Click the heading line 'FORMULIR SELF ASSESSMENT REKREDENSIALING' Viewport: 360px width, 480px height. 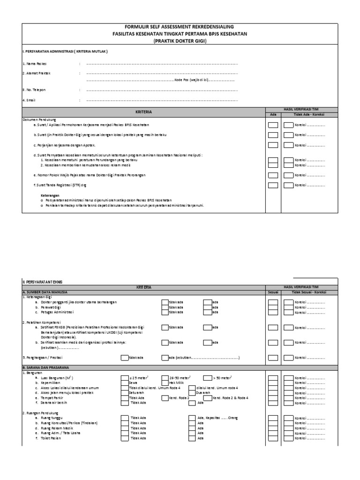coord(180,27)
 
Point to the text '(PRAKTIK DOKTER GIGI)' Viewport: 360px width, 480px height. coord(180,41)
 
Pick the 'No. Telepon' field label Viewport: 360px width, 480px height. coord(35,90)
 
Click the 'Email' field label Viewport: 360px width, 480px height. coord(30,100)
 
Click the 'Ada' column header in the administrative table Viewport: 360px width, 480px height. coord(273,114)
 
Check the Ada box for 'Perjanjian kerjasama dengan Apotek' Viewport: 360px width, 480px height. coord(273,145)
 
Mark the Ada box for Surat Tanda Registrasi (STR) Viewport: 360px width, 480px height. coord(273,185)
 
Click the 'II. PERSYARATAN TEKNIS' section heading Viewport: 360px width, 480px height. coord(43,281)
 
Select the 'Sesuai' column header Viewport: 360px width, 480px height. coord(273,292)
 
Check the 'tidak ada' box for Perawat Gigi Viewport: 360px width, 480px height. coord(165,307)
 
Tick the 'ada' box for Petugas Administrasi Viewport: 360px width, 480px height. coord(207,312)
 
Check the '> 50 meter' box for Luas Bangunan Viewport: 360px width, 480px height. coord(207,377)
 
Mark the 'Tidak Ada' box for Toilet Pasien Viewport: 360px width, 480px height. coord(125,438)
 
